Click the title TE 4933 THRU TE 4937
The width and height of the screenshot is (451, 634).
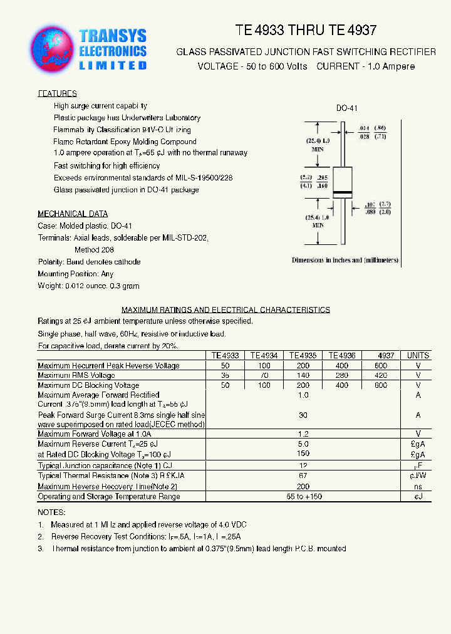(306, 30)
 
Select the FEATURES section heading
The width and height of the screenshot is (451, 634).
(57, 93)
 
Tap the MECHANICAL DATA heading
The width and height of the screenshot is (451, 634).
(72, 214)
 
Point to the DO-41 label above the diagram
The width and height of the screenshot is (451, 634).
(346, 108)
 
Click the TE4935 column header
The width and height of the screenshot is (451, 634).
(303, 355)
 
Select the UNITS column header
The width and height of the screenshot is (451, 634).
(418, 355)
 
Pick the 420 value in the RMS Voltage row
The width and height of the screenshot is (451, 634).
(381, 375)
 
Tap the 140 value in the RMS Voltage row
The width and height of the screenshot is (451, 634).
(303, 375)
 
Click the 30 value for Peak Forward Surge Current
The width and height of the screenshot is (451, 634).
(303, 415)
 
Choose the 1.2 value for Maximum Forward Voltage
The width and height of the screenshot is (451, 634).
(303, 434)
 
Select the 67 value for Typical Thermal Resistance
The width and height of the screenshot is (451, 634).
(303, 476)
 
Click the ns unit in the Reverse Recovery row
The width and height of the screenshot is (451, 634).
(418, 486)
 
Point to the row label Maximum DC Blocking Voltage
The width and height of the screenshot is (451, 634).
(88, 385)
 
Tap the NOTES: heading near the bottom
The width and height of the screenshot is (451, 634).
(51, 512)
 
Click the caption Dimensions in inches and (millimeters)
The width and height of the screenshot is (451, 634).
(345, 260)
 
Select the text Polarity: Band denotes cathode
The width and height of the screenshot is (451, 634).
(89, 262)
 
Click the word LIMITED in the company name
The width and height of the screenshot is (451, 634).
(113, 65)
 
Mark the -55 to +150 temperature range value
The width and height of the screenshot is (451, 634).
(303, 496)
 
